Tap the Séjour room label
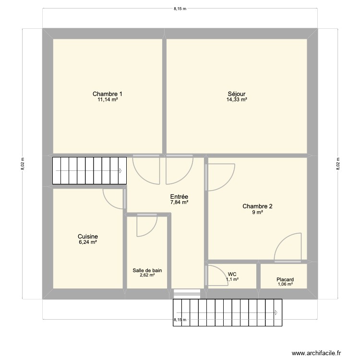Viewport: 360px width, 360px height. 237,94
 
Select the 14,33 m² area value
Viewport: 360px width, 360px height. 237,100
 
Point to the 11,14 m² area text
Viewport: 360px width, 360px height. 108,100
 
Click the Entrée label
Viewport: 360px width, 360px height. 179,196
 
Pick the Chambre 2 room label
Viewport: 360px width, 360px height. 258,206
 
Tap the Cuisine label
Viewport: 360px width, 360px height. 88,237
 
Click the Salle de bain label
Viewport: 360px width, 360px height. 147,270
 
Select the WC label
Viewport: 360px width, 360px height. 232,274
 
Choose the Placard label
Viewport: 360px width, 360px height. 285,279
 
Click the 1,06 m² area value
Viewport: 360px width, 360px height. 285,285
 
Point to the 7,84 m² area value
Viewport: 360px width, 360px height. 179,203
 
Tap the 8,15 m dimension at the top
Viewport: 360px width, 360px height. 180,8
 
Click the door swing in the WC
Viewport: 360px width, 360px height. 216,276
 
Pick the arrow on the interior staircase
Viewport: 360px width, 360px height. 120,171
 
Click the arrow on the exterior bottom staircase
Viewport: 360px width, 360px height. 277,312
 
